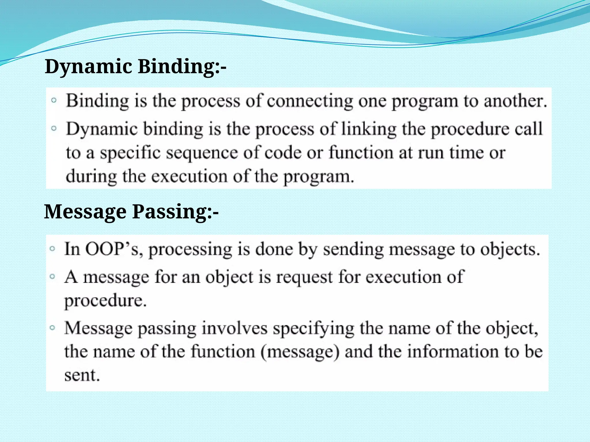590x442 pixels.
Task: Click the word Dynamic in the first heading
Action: tap(88, 67)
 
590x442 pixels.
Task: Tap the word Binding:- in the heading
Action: tap(182, 67)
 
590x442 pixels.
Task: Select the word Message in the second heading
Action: tap(85, 212)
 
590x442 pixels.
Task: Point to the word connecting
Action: tap(310, 101)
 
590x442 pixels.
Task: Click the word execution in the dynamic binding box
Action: tap(189, 176)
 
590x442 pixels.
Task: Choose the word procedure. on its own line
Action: tap(105, 301)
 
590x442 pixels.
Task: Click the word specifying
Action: tap(313, 328)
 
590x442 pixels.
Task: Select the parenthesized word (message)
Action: tap(300, 352)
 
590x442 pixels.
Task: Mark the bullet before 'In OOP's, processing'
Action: tap(52, 248)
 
